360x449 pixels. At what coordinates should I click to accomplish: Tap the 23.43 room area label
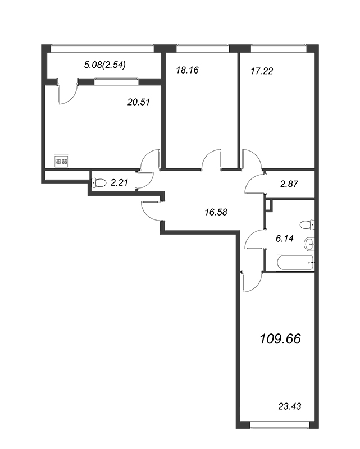[x=290, y=406]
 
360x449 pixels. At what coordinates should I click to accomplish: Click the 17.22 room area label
[x=261, y=71]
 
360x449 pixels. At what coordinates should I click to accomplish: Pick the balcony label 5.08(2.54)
[x=104, y=65]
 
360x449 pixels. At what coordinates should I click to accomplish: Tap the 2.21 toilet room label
[x=120, y=182]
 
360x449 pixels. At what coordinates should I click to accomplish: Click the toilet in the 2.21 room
[x=99, y=182]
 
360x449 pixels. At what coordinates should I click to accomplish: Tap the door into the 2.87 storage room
[x=254, y=183]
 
